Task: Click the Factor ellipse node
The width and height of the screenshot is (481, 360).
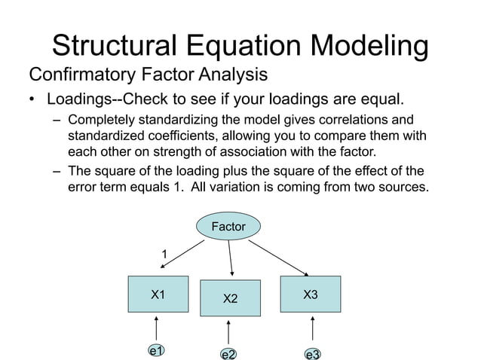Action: (x=228, y=226)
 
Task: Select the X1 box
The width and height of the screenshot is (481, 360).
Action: (x=158, y=294)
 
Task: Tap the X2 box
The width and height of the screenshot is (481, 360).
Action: (x=230, y=299)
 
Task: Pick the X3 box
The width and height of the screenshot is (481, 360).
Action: (x=310, y=294)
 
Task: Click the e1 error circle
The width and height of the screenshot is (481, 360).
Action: (x=157, y=351)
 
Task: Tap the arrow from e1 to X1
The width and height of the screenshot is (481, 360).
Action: (x=157, y=328)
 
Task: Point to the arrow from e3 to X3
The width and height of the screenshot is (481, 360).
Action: (x=312, y=329)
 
